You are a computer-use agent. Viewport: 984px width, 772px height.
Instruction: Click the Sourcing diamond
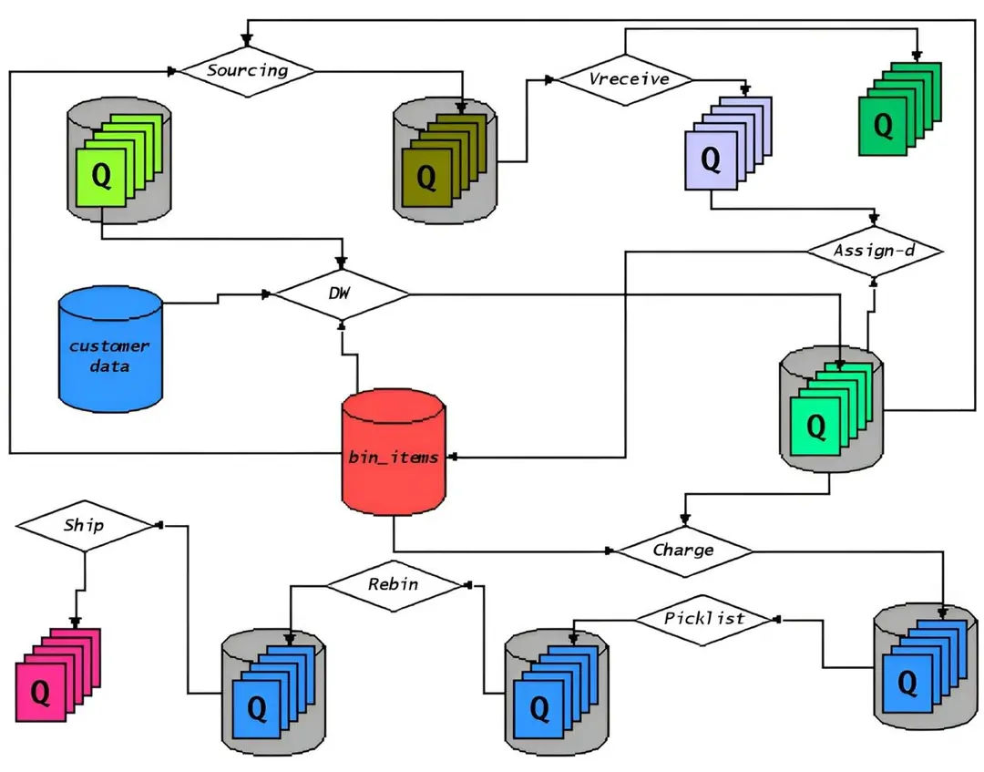(x=248, y=71)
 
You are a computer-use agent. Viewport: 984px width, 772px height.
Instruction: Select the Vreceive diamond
(x=626, y=79)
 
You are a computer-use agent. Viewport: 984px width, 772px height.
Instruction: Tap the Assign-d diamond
(x=874, y=251)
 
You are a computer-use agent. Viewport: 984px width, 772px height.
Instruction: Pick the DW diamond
(x=342, y=293)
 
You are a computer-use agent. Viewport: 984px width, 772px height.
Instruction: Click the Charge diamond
(x=684, y=551)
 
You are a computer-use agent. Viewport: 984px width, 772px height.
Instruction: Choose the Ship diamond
(x=85, y=526)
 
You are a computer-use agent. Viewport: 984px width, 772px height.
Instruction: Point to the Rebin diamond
(x=395, y=585)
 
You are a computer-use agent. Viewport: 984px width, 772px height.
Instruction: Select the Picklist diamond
(x=704, y=620)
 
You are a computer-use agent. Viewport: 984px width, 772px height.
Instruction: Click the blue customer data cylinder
(x=110, y=350)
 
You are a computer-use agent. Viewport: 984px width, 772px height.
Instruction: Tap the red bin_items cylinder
(x=394, y=452)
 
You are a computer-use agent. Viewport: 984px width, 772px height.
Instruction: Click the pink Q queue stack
(x=57, y=674)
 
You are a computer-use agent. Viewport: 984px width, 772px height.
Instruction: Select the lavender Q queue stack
(x=728, y=143)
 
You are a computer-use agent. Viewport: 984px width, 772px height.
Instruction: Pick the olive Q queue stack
(x=444, y=160)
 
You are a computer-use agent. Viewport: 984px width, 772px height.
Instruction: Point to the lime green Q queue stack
(x=119, y=160)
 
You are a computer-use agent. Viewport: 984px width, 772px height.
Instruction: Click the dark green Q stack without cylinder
(x=900, y=108)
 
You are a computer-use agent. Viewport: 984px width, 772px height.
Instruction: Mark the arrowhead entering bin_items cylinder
(x=452, y=457)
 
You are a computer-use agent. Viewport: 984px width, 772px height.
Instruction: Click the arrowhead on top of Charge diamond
(x=684, y=520)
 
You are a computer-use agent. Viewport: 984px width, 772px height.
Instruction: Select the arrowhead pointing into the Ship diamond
(x=159, y=525)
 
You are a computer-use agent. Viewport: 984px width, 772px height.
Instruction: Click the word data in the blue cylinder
(x=109, y=365)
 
